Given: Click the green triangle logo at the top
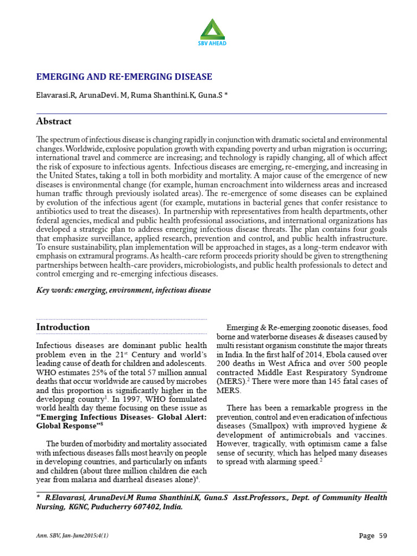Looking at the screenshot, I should pyautogui.click(x=212, y=28).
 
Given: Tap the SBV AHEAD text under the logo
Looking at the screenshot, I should pyautogui.click(x=212, y=43).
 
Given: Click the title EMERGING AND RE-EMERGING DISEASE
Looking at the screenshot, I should pyautogui.click(x=124, y=77).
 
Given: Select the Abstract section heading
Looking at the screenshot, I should pyautogui.click(x=54, y=121).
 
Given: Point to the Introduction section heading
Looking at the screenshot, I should pyautogui.click(x=63, y=327).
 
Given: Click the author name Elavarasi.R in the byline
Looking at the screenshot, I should pyautogui.click(x=55, y=95).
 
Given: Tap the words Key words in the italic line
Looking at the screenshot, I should pyautogui.click(x=54, y=290).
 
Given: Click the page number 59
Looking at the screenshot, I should pyautogui.click(x=382, y=536).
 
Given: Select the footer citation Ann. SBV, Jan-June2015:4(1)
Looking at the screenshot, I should pyautogui.click(x=72, y=536).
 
